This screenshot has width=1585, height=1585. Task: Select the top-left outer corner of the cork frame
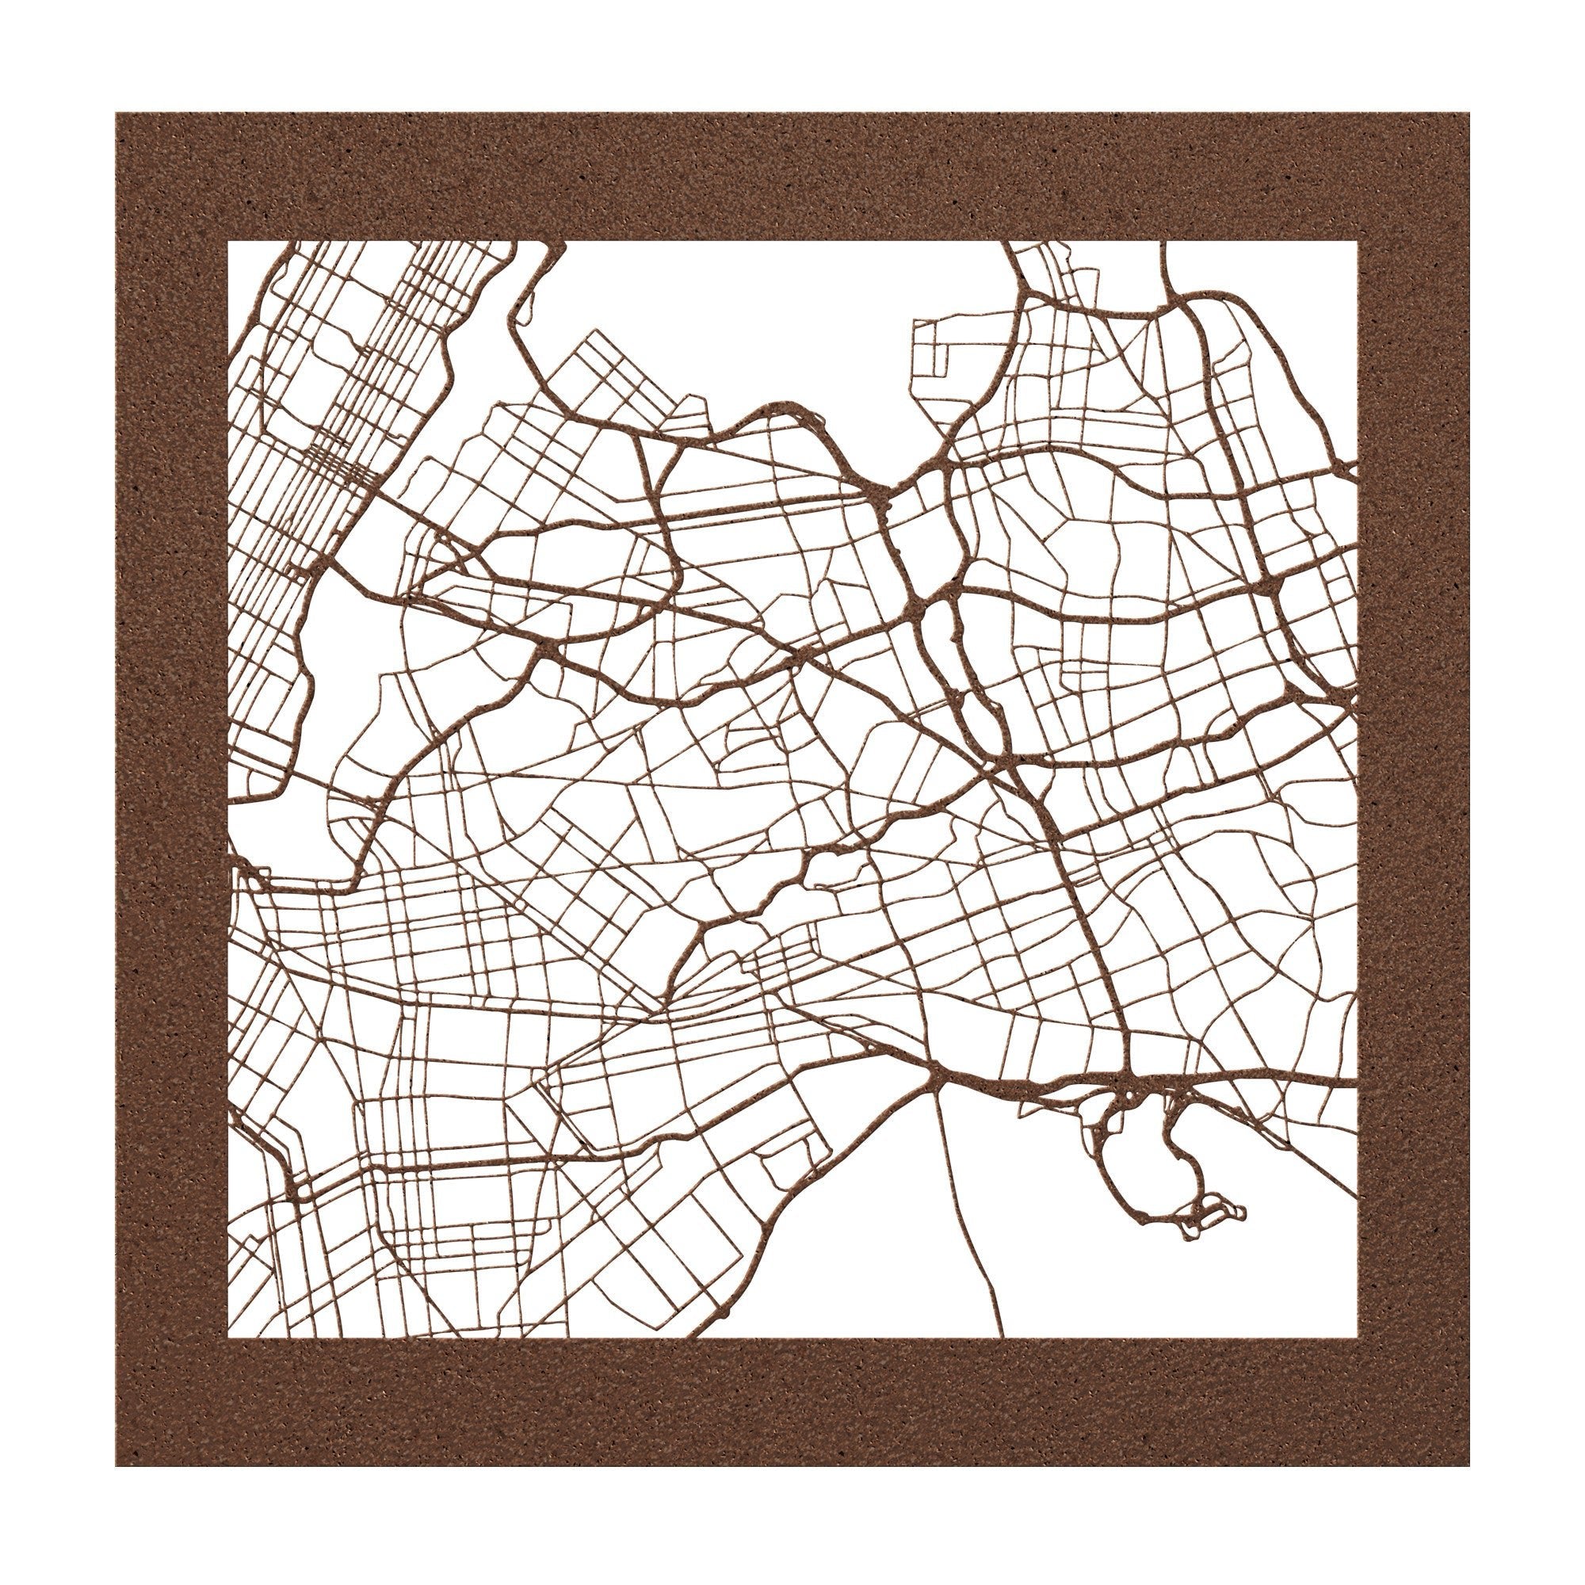(116, 113)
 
